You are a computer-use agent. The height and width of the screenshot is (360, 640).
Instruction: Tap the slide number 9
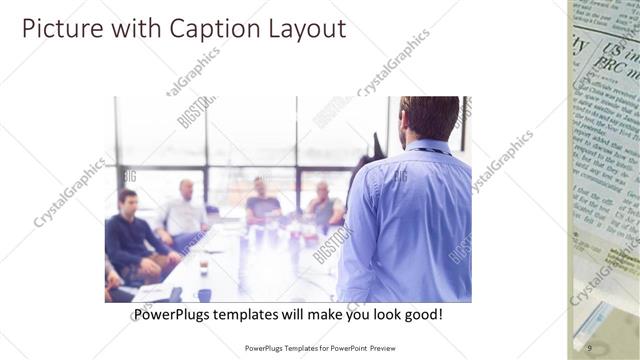pyautogui.click(x=589, y=347)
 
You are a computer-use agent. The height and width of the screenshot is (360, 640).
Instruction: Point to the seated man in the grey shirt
pyautogui.click(x=323, y=205)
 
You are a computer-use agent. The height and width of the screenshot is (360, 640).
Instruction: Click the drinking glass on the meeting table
pyautogui.click(x=203, y=265)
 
